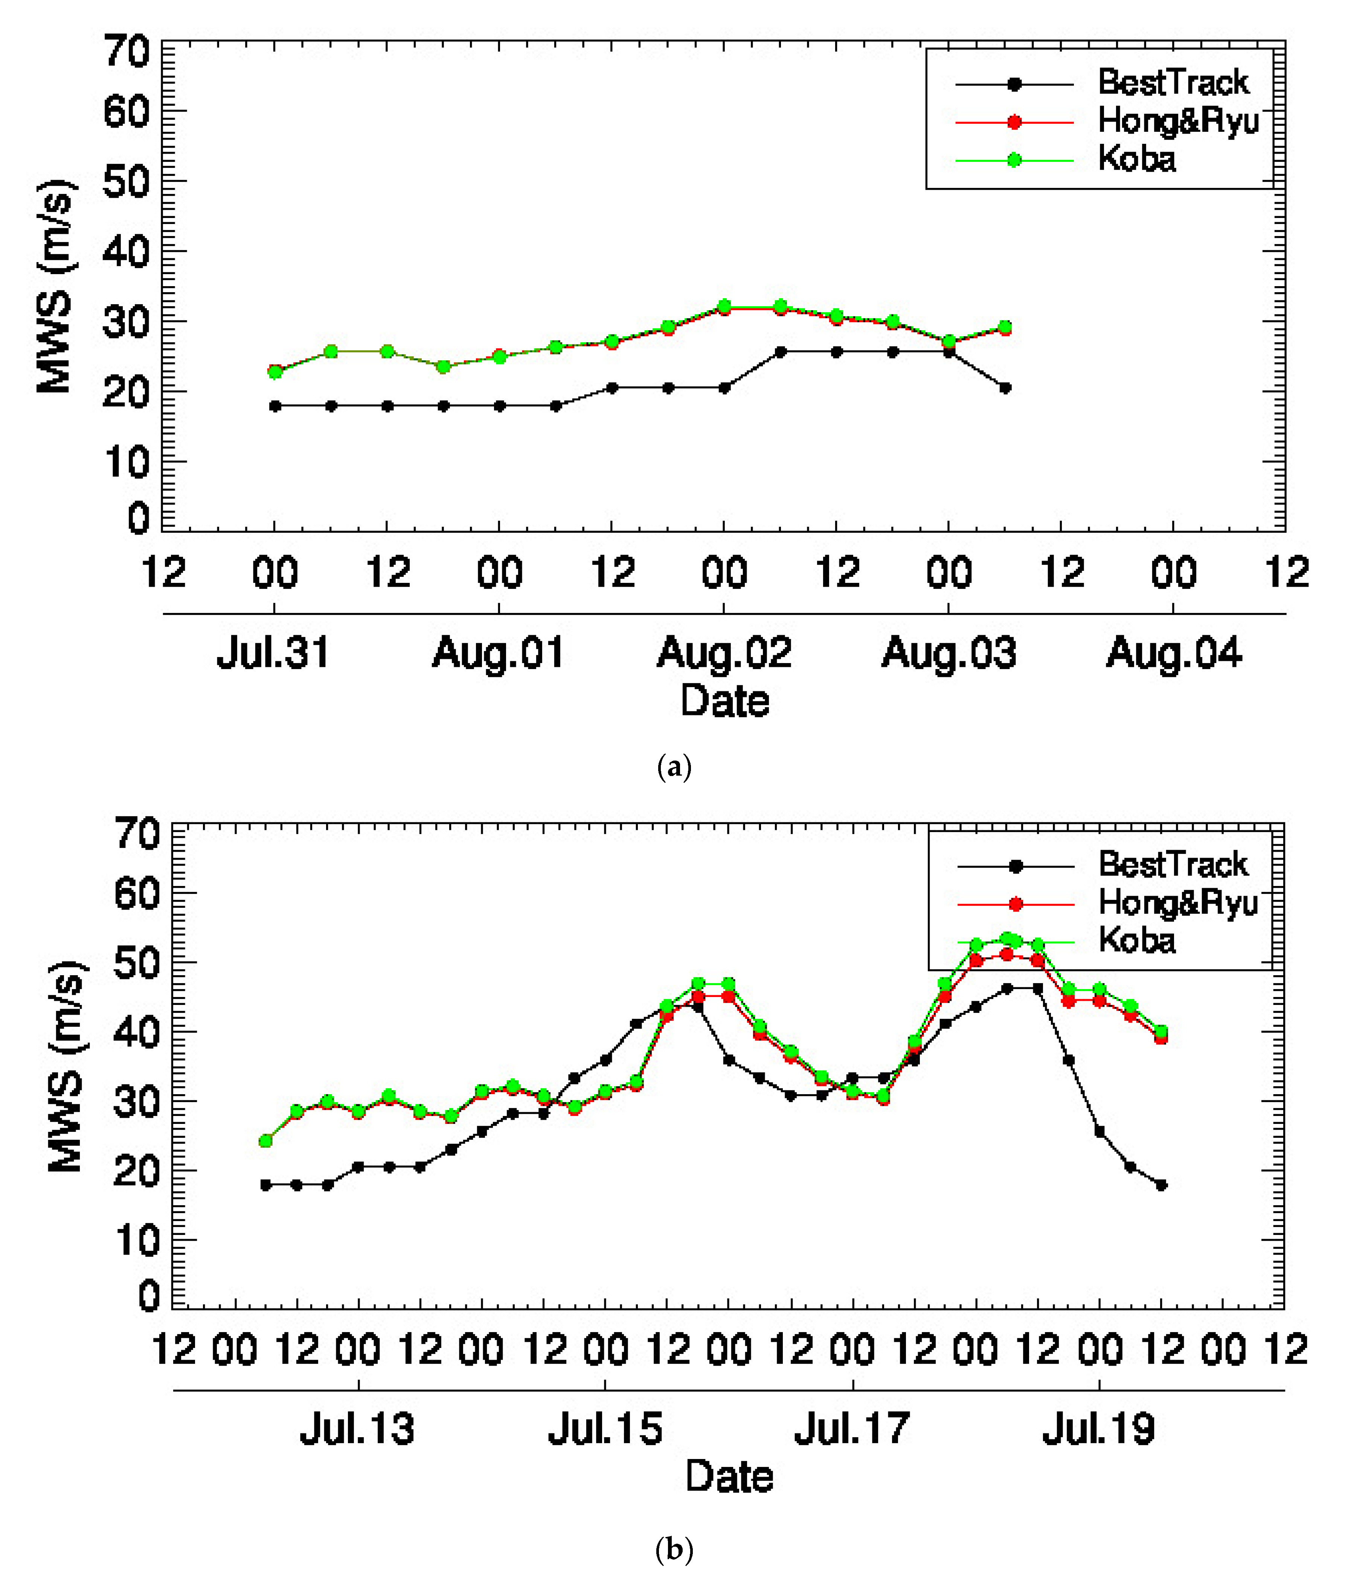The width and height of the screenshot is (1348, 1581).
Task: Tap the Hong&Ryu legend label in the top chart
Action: coord(1177,120)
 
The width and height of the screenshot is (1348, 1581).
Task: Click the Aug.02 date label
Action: coord(724,653)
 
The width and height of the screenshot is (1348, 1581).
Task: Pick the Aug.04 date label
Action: coord(1173,653)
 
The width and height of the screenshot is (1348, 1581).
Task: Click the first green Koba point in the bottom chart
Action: coord(265,1141)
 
